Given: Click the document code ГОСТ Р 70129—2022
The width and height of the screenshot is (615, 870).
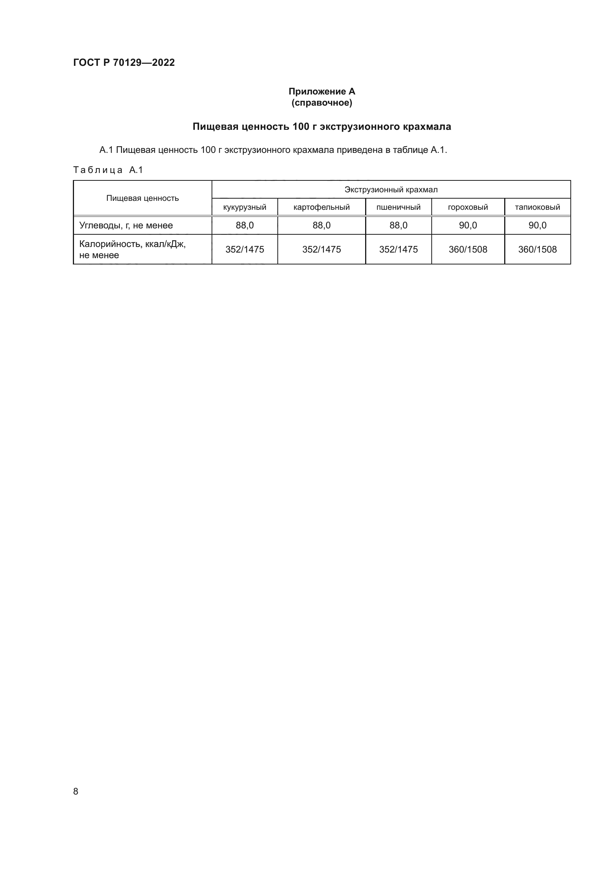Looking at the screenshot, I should tap(124, 62).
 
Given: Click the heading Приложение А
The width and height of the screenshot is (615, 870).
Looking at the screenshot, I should tap(322, 92).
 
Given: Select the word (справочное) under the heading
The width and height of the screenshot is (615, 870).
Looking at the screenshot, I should tap(322, 103).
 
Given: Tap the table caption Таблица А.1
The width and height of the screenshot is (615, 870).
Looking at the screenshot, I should tap(108, 170).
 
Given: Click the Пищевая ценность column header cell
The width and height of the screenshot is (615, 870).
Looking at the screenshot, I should tap(142, 198).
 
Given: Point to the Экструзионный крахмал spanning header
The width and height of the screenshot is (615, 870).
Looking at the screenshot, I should tap(391, 189).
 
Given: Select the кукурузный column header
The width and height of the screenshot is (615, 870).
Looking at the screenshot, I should tap(245, 207).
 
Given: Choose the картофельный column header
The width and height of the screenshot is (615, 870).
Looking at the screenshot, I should tap(322, 207).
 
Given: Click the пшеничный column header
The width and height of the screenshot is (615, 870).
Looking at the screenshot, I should tap(398, 207).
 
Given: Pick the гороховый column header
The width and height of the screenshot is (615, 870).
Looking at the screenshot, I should tap(468, 207).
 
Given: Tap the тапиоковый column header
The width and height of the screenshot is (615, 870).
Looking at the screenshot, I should tap(537, 207).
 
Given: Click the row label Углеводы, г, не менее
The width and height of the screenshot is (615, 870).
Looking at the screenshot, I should tap(126, 225).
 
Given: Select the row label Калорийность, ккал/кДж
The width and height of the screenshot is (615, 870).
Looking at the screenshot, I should tap(132, 244).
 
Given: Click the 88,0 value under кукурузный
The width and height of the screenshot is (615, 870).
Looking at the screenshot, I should tap(245, 225).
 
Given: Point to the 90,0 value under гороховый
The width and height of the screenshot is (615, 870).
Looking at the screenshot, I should tap(468, 225).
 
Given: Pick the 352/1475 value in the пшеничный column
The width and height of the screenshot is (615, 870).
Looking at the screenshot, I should tap(398, 249).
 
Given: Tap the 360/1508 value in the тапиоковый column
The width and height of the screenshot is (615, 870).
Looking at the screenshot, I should tap(537, 249).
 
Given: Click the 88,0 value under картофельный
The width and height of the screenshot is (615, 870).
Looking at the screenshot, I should tap(322, 225).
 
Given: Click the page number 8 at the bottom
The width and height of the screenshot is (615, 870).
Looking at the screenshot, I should tap(76, 791).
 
